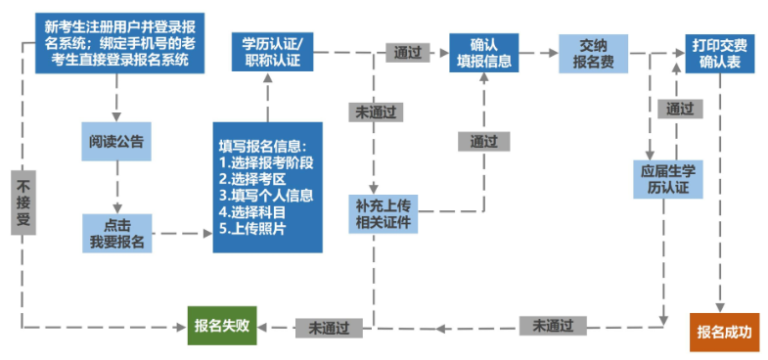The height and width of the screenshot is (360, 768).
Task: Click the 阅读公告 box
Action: pyautogui.click(x=116, y=141)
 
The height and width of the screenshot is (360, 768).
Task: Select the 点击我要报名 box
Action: pyautogui.click(x=116, y=233)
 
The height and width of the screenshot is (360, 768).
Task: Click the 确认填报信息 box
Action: pyautogui.click(x=482, y=53)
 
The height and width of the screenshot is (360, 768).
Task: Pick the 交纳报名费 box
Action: pyautogui.click(x=594, y=53)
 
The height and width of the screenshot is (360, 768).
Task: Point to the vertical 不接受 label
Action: pyautogui.click(x=23, y=202)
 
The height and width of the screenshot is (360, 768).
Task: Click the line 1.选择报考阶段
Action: pyautogui.click(x=268, y=163)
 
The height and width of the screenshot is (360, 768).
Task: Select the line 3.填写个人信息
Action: pyautogui.click(x=268, y=196)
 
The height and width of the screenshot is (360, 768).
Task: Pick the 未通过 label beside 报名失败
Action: pyautogui.click(x=329, y=326)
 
